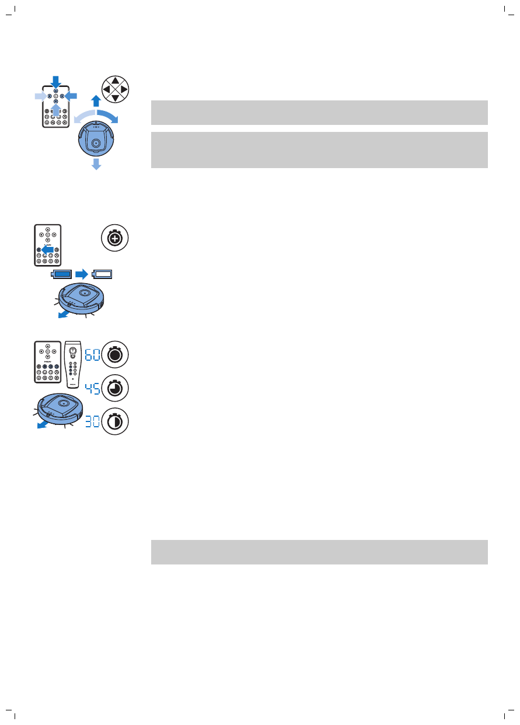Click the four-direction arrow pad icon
click(115, 89)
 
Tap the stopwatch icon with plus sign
click(115, 239)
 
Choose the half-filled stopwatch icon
click(115, 421)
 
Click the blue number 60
click(92, 354)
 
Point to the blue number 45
click(92, 388)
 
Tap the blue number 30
click(92, 421)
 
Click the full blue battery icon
click(62, 273)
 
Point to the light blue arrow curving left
click(82, 114)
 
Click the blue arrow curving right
click(109, 115)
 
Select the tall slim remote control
click(73, 363)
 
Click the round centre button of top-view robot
click(96, 142)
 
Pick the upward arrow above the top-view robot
click(96, 101)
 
